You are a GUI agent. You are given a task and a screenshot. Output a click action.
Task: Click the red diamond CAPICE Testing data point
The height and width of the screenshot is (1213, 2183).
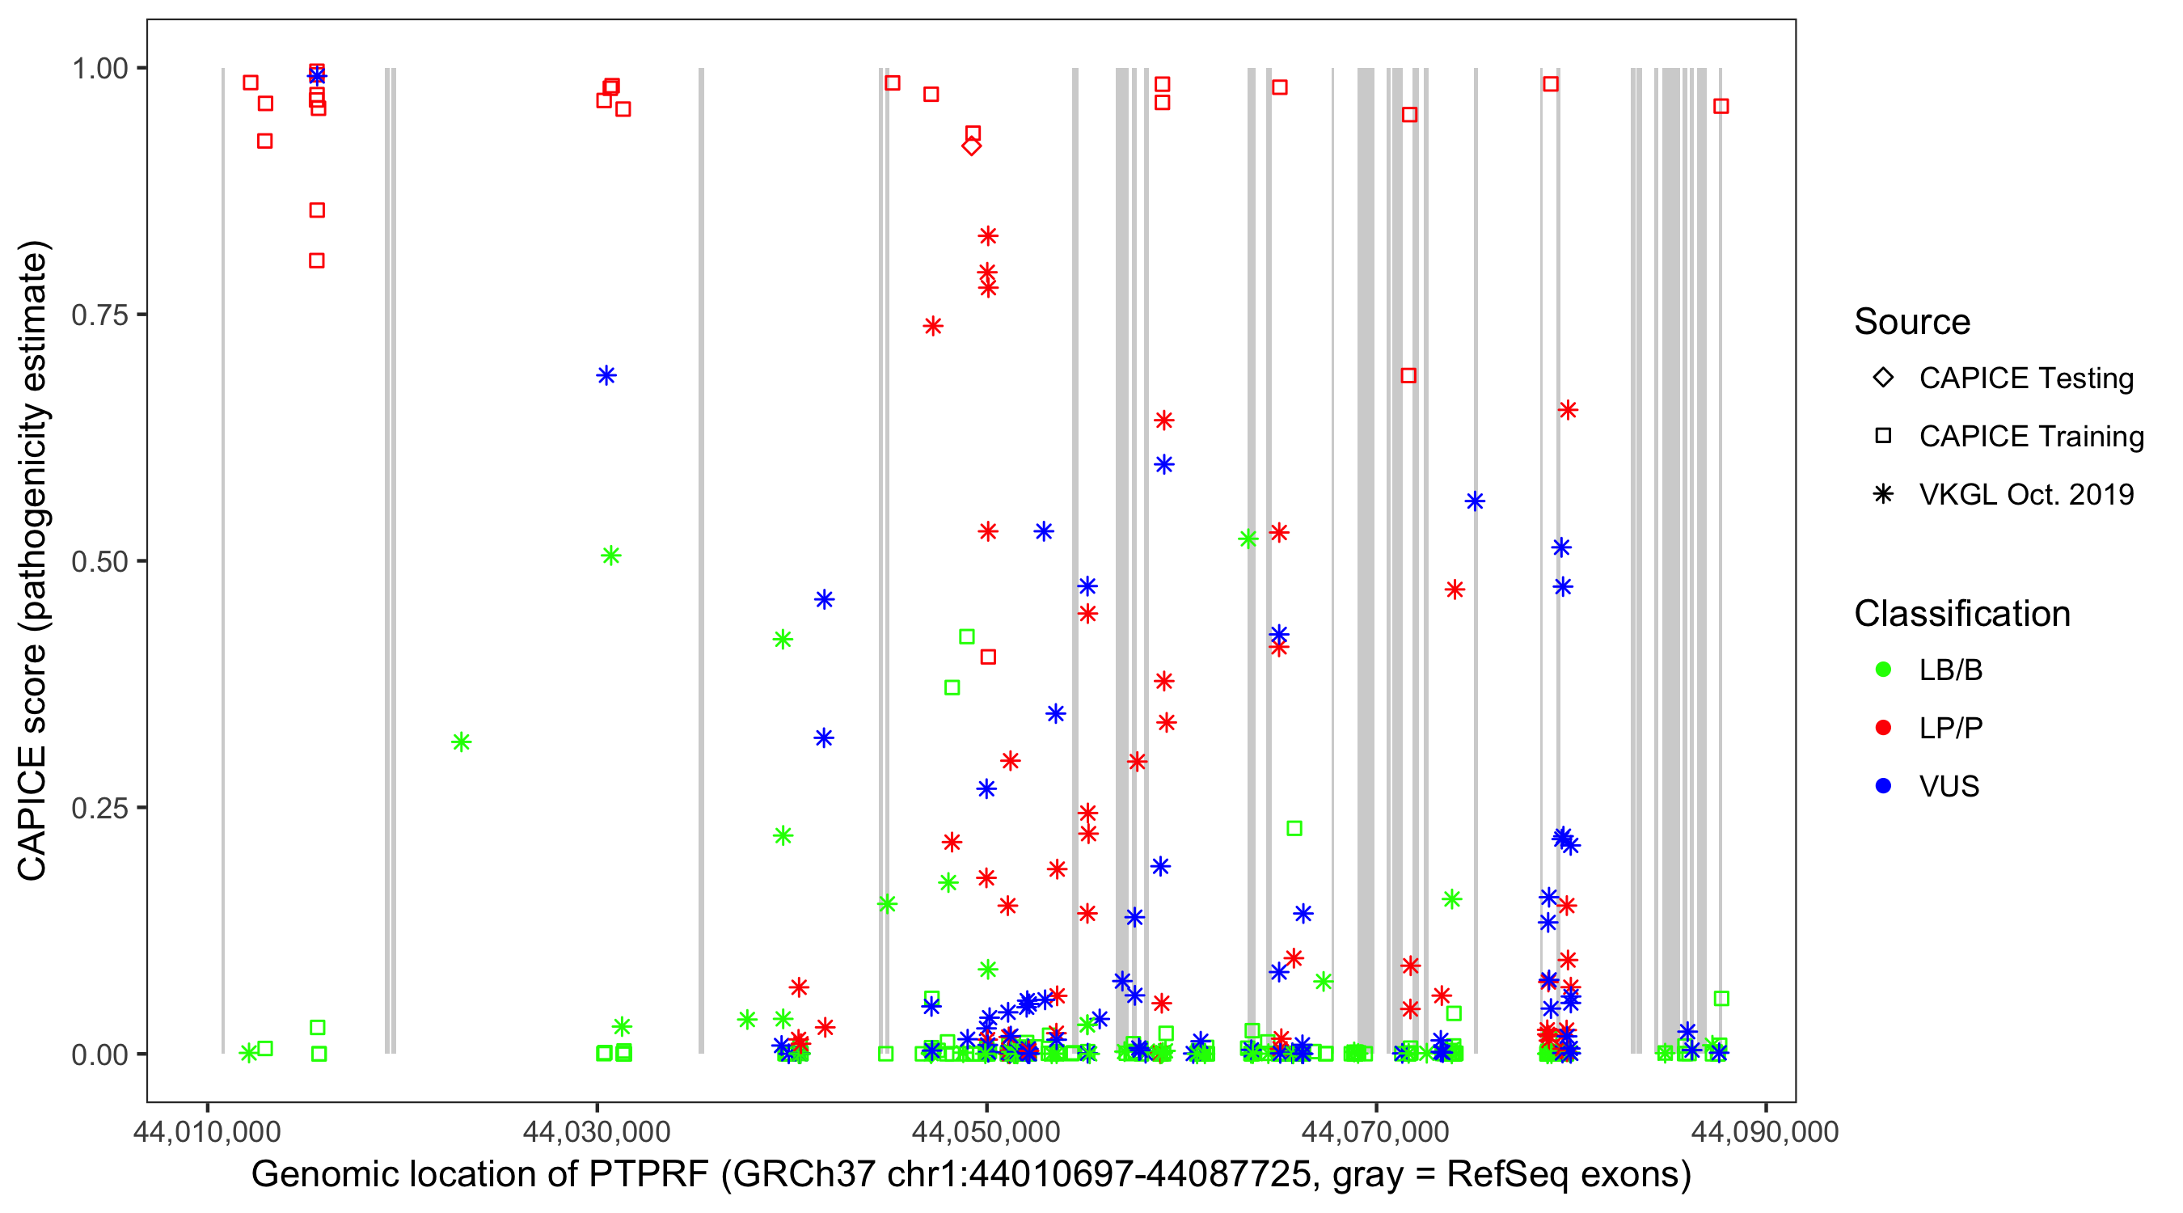pos(971,146)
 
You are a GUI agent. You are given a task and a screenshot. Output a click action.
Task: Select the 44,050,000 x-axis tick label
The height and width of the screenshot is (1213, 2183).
pos(986,1131)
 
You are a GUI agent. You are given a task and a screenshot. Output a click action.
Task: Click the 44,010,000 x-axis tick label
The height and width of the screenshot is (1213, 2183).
pos(207,1131)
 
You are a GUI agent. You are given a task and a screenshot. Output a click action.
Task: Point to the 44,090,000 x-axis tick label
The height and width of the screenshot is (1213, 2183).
pos(1765,1131)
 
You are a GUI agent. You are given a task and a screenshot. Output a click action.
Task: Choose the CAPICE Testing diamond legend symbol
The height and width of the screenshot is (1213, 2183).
pos(1883,377)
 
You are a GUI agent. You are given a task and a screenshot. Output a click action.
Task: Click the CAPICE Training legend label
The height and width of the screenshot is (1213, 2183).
pos(2031,436)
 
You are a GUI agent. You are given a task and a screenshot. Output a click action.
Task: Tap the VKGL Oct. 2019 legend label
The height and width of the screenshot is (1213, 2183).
pos(2026,494)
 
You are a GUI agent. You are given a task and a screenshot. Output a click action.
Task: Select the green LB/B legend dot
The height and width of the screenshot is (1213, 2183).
pos(1883,670)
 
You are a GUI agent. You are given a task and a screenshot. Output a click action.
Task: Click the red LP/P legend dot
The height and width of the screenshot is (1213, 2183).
pos(1883,728)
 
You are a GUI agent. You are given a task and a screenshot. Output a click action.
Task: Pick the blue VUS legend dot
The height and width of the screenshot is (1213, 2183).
pos(1883,786)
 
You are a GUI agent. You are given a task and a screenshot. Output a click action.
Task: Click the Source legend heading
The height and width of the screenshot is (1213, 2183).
pos(1912,322)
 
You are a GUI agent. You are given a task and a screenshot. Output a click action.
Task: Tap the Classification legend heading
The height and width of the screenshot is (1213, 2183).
pos(1961,614)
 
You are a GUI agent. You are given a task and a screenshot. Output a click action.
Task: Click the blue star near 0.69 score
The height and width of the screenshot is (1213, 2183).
pos(606,375)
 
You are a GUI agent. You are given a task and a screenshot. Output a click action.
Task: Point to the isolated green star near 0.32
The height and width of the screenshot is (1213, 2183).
pos(461,742)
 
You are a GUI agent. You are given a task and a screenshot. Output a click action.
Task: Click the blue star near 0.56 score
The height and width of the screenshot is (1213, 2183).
pos(1475,502)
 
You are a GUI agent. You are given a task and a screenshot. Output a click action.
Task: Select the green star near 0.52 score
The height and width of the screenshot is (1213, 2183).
pos(1248,539)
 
